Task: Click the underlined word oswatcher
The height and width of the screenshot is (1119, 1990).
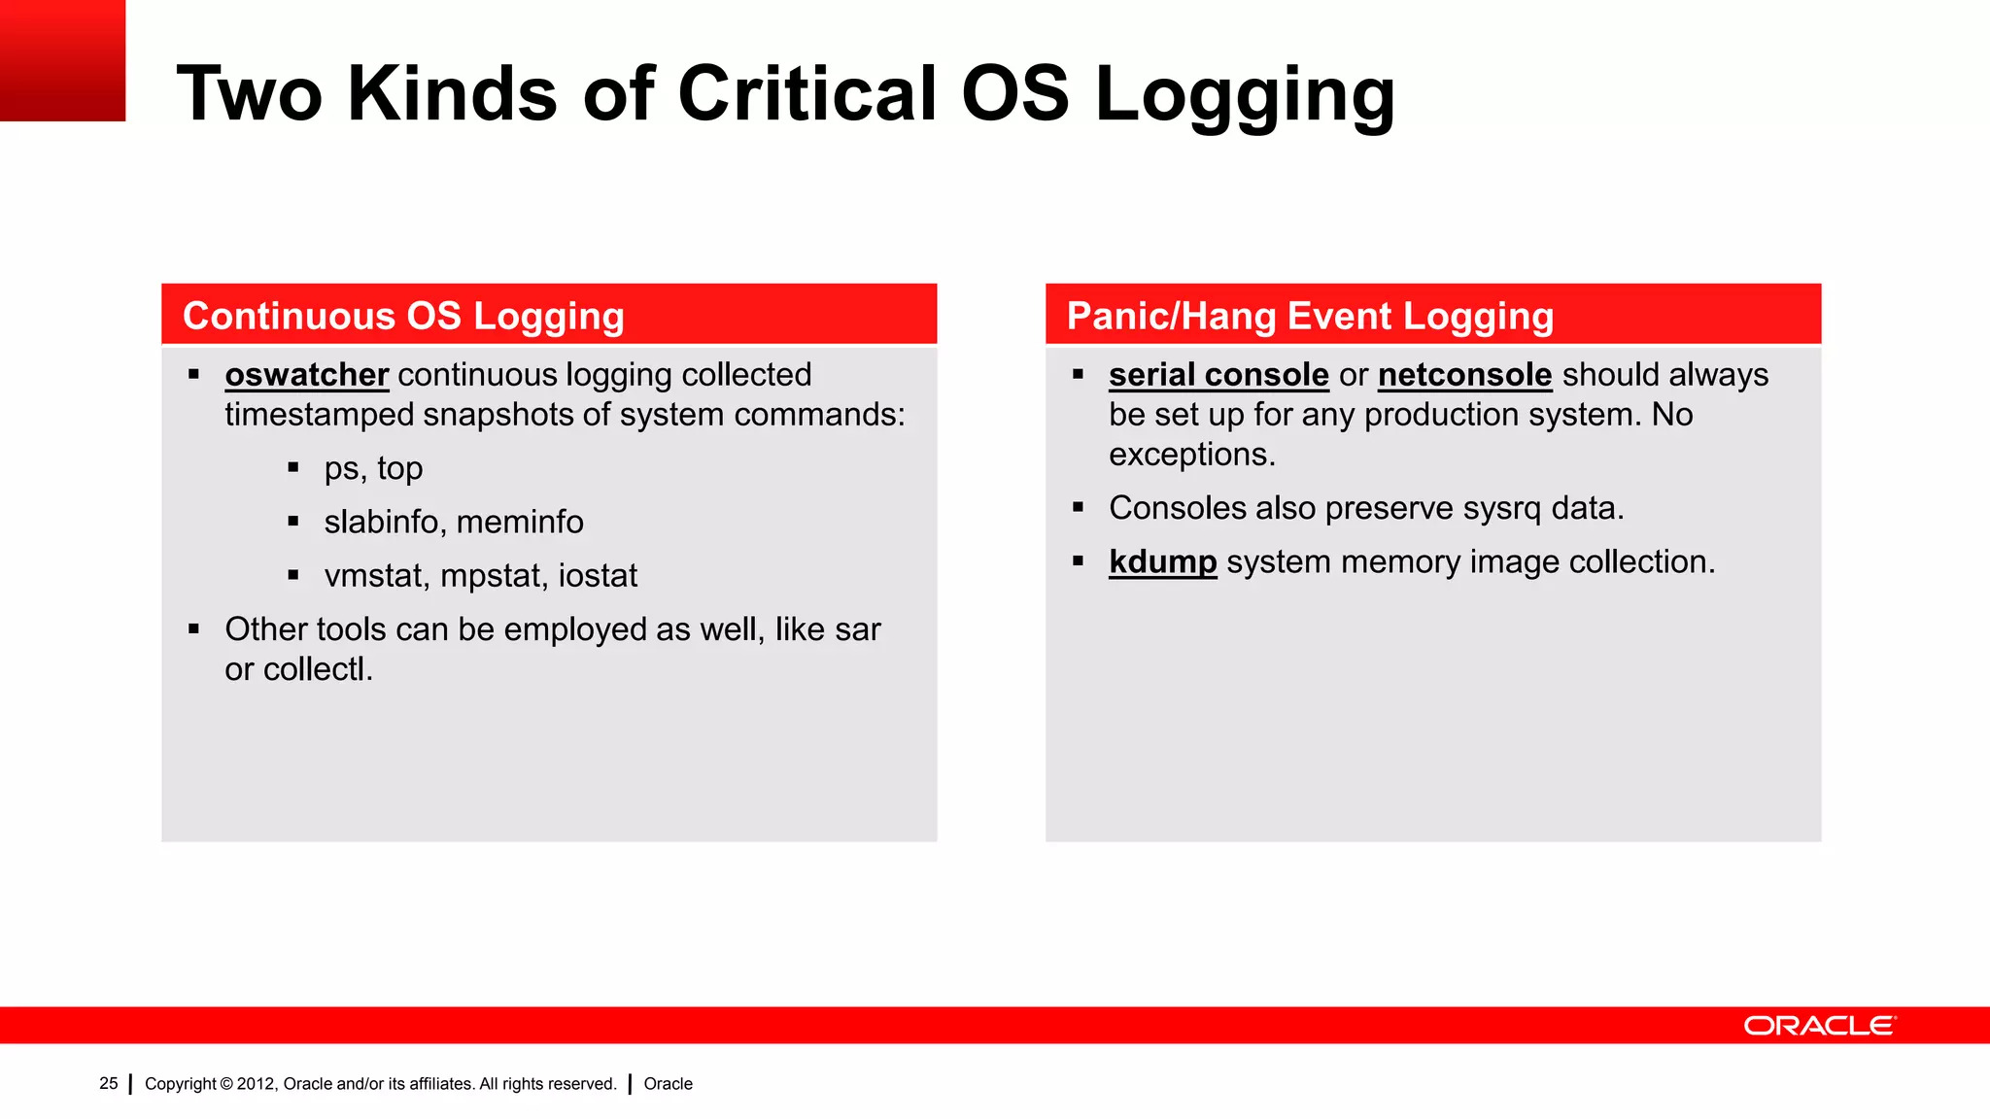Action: (306, 375)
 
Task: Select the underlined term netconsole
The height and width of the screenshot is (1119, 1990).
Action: (1464, 375)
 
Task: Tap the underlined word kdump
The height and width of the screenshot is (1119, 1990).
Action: (1162, 562)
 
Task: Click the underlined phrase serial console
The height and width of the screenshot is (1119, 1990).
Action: (1218, 375)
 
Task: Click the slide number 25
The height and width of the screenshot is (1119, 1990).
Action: (109, 1083)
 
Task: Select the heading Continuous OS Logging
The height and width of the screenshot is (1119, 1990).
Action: (403, 317)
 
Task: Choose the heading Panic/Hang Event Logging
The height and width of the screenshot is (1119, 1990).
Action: (1310, 317)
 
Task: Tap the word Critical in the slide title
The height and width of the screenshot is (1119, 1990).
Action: (806, 94)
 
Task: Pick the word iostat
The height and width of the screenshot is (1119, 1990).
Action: (598, 576)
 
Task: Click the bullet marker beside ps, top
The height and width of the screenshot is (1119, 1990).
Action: (293, 468)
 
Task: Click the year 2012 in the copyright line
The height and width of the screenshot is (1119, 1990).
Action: (256, 1084)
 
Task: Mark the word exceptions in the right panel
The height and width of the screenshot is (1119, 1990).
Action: (1191, 455)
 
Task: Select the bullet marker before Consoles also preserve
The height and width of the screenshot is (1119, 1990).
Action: (1078, 507)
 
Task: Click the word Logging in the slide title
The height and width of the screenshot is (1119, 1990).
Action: (1245, 94)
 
